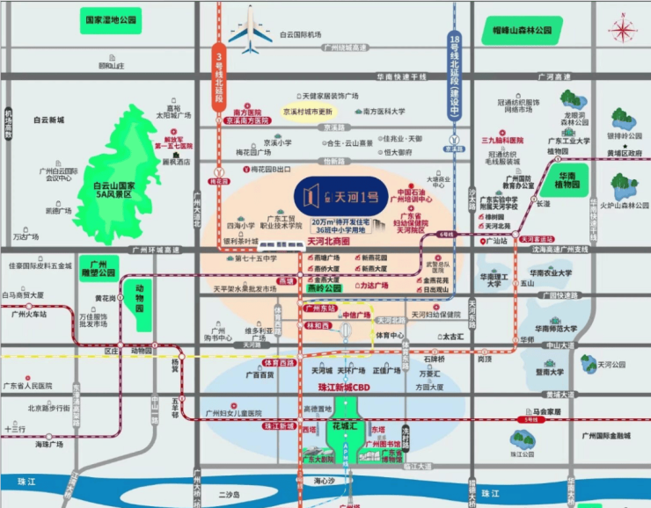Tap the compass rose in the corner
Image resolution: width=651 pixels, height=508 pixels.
coord(623,31)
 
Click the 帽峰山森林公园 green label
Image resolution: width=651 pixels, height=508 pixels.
coord(521,31)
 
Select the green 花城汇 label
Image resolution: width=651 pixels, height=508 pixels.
coord(343,426)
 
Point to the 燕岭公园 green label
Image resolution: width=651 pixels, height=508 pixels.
coord(325,287)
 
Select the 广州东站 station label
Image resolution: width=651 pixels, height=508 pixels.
coord(321,309)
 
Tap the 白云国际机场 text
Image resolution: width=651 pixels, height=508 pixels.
coord(303,34)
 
